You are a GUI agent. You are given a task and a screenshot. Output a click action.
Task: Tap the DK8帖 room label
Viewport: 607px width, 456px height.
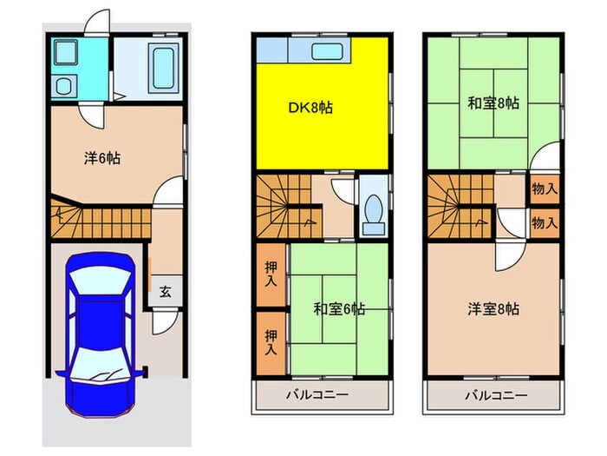[310, 109]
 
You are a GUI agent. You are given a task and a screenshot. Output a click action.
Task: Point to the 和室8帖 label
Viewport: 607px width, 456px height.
[493, 103]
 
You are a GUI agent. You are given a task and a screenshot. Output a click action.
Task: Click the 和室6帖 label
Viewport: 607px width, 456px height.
[338, 308]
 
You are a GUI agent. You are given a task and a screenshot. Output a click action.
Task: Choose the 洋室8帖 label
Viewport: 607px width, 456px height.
[493, 308]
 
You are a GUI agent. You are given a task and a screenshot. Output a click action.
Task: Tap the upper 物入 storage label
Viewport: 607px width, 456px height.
[544, 188]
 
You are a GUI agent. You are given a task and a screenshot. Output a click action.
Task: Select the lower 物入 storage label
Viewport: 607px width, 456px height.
[544, 222]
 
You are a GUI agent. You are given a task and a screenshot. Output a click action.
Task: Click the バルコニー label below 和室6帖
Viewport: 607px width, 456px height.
[318, 396]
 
